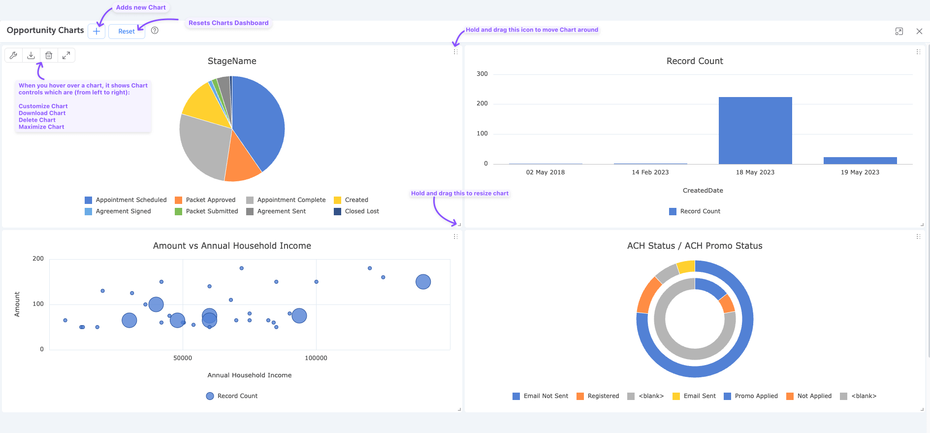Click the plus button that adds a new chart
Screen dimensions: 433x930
[x=96, y=31]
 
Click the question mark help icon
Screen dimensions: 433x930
[x=155, y=31]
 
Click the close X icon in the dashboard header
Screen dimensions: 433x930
[x=919, y=31]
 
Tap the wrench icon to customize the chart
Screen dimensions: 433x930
[x=13, y=55]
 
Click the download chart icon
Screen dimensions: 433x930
[x=31, y=55]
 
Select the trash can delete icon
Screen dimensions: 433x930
[x=49, y=55]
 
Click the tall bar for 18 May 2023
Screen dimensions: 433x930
[x=755, y=131]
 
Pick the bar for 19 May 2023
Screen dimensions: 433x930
[x=860, y=161]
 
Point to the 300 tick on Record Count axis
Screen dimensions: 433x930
[x=482, y=74]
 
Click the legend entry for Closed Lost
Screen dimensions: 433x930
[x=361, y=211]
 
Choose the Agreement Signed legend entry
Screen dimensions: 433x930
[x=123, y=211]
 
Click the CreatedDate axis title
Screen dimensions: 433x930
[x=703, y=191]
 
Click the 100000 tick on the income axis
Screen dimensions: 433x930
[x=316, y=358]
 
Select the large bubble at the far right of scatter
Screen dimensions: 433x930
[x=423, y=282]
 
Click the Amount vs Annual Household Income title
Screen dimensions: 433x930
[x=232, y=246]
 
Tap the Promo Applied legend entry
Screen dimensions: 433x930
[x=756, y=396]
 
